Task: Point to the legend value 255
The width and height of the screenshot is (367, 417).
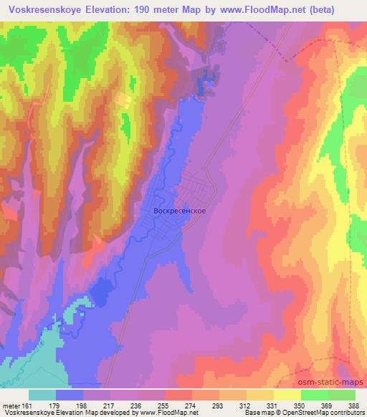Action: point(165,406)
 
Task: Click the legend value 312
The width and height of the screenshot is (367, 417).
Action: point(246,406)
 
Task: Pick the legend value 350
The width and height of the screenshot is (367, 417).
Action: point(300,406)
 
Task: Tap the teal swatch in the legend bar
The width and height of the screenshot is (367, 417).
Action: point(42,395)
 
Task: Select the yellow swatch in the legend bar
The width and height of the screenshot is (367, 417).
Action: point(287,395)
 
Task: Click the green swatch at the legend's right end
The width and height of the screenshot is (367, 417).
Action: point(341,395)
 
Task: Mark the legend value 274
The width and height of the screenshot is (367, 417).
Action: point(192,406)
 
